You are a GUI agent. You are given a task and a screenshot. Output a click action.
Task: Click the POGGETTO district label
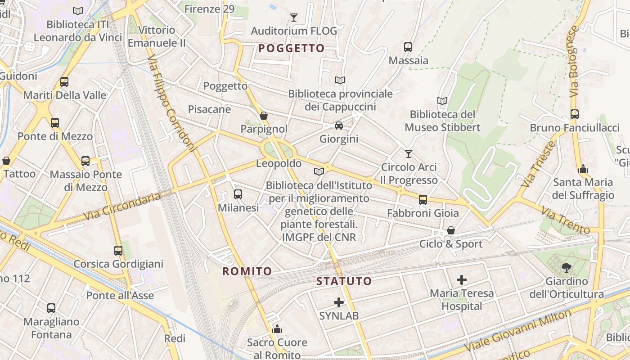(292, 48)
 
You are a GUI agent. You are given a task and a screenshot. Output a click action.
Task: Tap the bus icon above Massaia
(408, 47)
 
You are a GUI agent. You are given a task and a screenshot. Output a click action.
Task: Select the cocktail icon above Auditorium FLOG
(294, 18)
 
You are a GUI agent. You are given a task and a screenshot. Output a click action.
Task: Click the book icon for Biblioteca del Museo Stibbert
(442, 101)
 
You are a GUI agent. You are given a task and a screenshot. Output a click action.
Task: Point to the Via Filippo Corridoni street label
(172, 103)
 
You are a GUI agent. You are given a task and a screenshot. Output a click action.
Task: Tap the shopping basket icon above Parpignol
(264, 116)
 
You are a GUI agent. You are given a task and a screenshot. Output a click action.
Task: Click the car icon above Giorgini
(339, 126)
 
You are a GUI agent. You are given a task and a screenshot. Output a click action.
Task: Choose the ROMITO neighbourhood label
(247, 271)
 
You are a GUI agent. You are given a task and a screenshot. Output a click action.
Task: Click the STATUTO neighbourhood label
(344, 281)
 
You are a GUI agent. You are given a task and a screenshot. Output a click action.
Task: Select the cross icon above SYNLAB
(339, 302)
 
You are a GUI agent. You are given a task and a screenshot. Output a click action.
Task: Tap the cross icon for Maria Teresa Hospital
(462, 280)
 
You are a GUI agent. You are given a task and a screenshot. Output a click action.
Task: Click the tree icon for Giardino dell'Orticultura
(567, 268)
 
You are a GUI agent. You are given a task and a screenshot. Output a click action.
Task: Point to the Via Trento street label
(565, 220)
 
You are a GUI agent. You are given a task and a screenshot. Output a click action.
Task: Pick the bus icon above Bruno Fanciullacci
(575, 114)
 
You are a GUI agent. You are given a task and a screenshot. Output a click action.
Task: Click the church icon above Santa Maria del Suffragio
(583, 169)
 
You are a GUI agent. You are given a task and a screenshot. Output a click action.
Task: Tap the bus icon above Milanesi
(238, 194)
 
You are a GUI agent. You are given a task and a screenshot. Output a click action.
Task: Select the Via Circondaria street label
(123, 207)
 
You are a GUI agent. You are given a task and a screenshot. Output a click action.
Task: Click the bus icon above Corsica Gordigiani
(118, 250)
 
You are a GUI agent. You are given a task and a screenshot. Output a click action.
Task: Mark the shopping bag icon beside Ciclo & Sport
(450, 231)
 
